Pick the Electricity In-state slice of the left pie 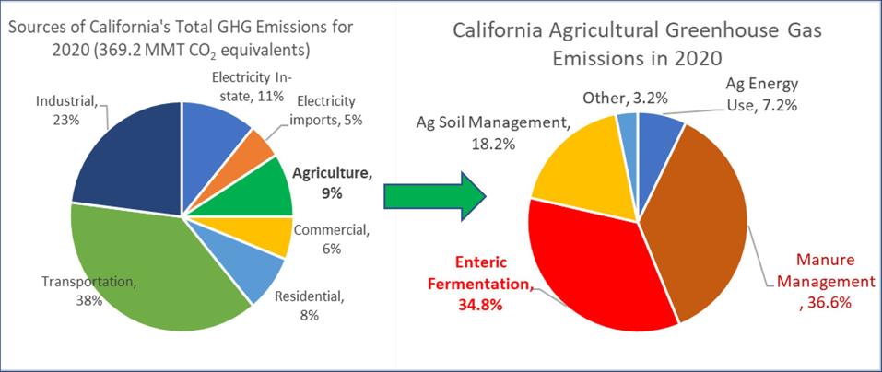tap(214, 129)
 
